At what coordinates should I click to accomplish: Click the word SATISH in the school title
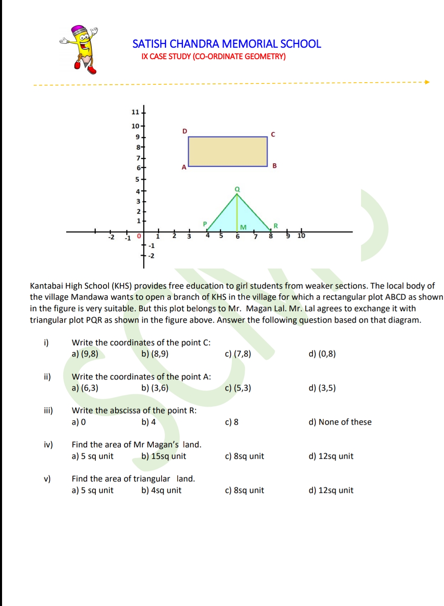[149, 44]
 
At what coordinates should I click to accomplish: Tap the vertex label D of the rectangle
[185, 131]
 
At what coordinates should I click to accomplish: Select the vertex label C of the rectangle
[273, 134]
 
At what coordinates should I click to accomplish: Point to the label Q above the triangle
[237, 189]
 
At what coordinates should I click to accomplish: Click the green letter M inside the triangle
[243, 227]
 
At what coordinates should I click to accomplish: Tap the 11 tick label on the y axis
[135, 112]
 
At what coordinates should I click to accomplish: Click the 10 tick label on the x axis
[301, 236]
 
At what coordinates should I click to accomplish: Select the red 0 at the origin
[139, 236]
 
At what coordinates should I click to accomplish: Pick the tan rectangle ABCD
[228, 152]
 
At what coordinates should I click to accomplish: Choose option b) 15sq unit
[164, 456]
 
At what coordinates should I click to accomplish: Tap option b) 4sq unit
[161, 490]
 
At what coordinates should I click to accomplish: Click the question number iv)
[49, 445]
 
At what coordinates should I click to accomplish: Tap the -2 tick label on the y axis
[151, 256]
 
